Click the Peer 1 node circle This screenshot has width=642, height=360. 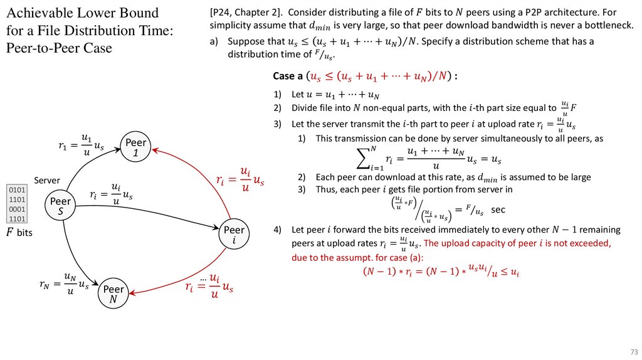coord(136,147)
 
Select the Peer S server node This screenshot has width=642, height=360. coord(61,206)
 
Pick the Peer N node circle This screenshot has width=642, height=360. coord(113,294)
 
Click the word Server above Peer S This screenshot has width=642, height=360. coord(46,180)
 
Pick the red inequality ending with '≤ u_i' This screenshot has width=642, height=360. coord(442,271)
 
